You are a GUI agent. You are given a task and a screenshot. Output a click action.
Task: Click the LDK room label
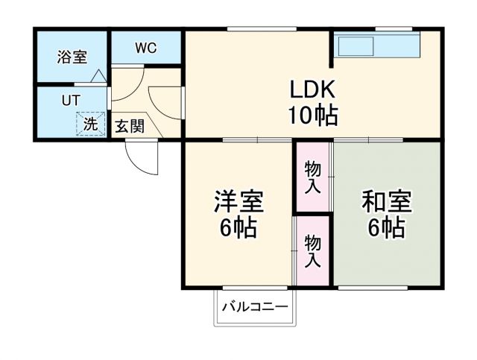tap(314, 90)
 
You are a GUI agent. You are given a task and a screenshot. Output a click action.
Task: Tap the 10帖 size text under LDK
tap(314, 116)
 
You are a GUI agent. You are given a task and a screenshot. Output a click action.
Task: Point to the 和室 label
tap(386, 201)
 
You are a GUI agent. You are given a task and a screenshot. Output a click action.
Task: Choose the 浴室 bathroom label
tap(72, 57)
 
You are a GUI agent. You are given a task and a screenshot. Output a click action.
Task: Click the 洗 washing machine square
tap(89, 124)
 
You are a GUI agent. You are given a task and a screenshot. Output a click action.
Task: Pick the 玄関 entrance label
tap(130, 126)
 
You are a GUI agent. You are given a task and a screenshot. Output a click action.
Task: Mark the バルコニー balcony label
tap(254, 306)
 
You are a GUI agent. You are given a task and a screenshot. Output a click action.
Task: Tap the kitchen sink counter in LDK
tap(376, 46)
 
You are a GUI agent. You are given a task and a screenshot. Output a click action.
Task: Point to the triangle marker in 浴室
tap(98, 75)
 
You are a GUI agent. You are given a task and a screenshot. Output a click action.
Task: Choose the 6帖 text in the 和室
tap(386, 227)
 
